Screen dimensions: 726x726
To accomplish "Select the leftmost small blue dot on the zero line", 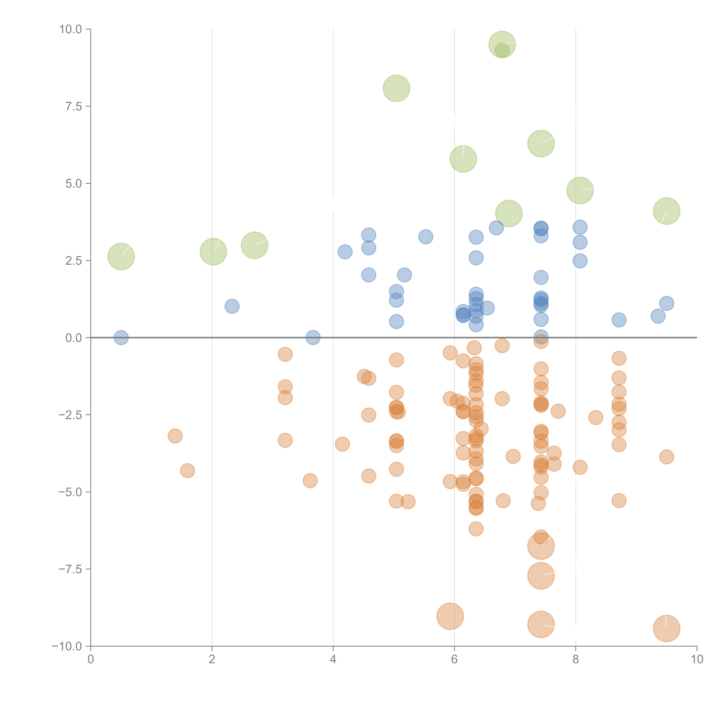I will coord(121,337).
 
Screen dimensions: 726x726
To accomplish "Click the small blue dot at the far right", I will coord(666,303).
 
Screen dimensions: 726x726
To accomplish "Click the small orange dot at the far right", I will coord(666,457).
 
